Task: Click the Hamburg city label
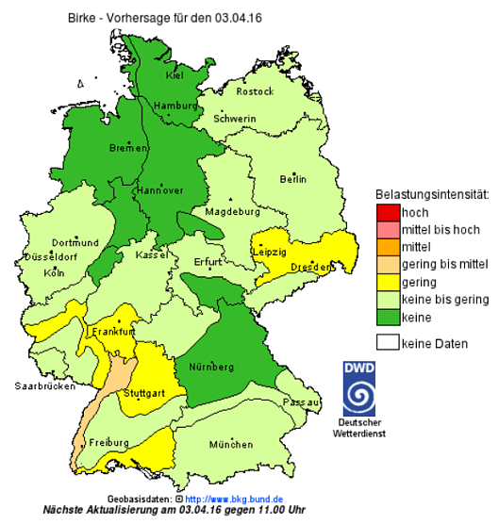(173, 106)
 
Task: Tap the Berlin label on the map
(293, 179)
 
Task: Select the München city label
(231, 444)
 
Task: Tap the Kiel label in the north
(175, 74)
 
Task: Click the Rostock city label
(256, 91)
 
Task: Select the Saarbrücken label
(43, 386)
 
